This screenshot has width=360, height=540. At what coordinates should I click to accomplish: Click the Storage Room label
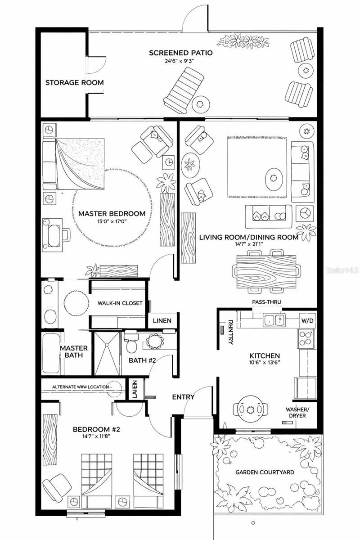click(x=74, y=83)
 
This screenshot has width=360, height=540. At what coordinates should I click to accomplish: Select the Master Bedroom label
click(x=112, y=214)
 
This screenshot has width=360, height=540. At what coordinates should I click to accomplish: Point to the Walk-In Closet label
click(x=120, y=303)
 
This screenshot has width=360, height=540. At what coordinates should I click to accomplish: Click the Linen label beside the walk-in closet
click(x=162, y=320)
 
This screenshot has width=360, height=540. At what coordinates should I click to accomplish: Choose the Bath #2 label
click(x=142, y=360)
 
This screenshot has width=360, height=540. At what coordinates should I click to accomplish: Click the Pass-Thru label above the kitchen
click(x=267, y=302)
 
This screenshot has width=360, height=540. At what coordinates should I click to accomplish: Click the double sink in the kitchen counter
click(x=274, y=320)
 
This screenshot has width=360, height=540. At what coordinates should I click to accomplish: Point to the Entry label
click(x=184, y=397)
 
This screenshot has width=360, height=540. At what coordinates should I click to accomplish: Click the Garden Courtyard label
click(x=265, y=472)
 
